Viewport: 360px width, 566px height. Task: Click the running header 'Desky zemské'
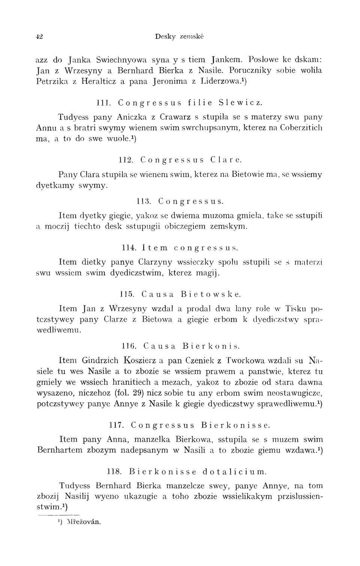(x=179, y=37)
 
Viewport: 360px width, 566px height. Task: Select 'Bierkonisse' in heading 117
(x=235, y=425)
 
